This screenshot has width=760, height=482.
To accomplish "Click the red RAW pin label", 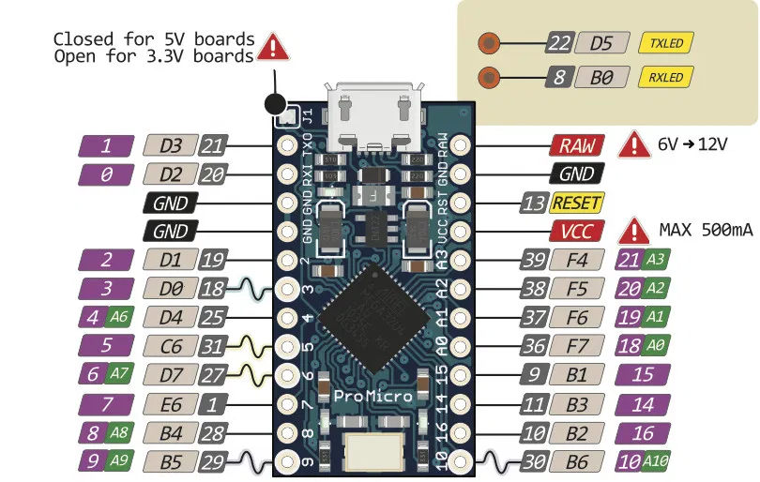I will (x=576, y=145).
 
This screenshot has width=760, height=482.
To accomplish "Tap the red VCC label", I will (x=576, y=231).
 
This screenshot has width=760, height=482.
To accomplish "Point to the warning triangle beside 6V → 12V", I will (x=636, y=145).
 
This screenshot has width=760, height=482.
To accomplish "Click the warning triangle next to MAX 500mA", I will (x=636, y=231).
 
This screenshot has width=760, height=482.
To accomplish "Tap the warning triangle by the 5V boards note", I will (x=274, y=47).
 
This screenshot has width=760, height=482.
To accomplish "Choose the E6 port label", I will (x=172, y=404).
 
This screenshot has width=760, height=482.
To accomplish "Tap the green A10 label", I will (x=655, y=460).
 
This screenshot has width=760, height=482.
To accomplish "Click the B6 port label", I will (x=577, y=460).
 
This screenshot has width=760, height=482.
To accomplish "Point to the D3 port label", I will (x=172, y=145).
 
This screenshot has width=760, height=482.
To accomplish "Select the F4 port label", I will (x=577, y=260).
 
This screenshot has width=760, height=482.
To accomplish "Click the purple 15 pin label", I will (x=643, y=374).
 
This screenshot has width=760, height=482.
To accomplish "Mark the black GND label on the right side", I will (x=576, y=173).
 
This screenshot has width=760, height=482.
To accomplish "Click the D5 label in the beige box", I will (x=601, y=43).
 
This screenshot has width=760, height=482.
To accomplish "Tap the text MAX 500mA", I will (x=703, y=231).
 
